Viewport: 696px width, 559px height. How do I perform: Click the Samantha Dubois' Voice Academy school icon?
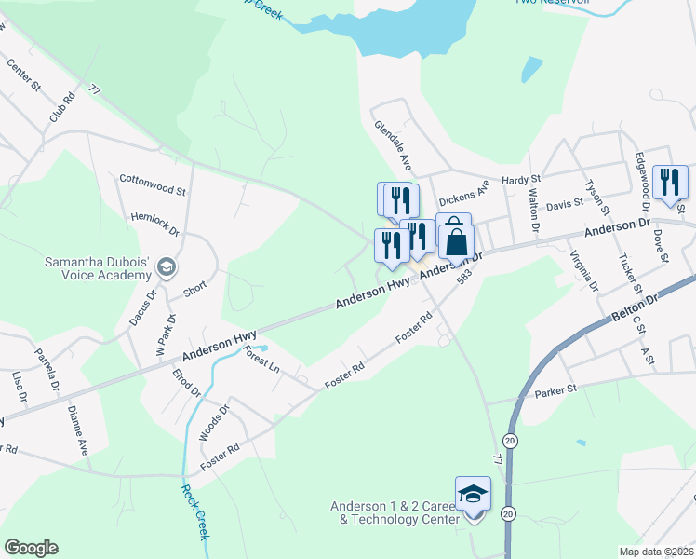point(167,267)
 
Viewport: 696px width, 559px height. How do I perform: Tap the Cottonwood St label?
point(153,183)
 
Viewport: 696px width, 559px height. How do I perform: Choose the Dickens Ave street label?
point(463,197)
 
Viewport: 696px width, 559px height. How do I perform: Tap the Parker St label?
point(556,391)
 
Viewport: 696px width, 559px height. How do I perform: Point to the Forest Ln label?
point(261,358)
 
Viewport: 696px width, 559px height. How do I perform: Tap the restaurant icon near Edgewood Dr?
point(669,182)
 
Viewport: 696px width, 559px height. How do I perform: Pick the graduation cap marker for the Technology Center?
point(473,494)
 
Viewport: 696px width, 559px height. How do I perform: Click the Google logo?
point(31,548)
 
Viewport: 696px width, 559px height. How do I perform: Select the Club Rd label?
point(62,107)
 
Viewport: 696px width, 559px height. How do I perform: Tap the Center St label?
point(23,75)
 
